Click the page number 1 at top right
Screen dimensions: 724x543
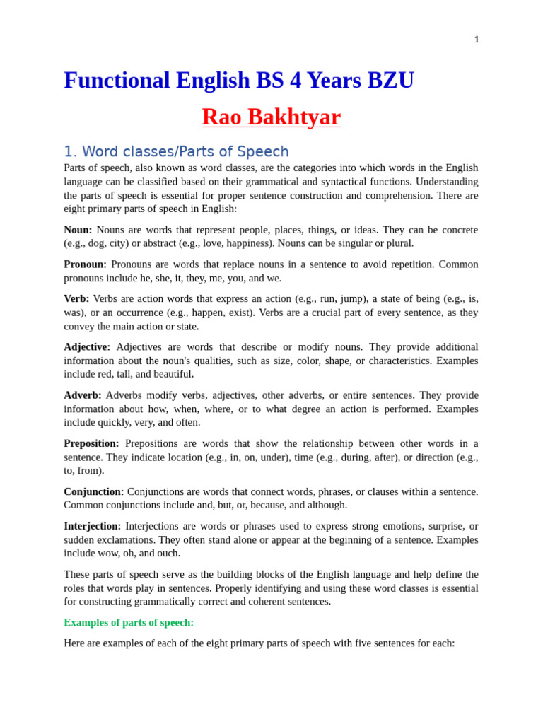point(477,40)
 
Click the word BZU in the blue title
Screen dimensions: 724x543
point(390,81)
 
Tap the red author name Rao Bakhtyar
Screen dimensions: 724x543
point(271,117)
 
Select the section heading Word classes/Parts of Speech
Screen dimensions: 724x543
point(176,151)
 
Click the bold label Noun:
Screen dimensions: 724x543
point(78,230)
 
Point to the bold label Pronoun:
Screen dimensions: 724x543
point(85,264)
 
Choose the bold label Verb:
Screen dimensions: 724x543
point(76,299)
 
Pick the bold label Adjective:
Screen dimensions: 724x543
point(87,347)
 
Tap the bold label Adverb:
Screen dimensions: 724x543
point(83,395)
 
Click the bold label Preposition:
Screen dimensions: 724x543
point(91,443)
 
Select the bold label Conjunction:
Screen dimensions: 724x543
point(93,491)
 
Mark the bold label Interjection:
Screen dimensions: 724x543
point(92,526)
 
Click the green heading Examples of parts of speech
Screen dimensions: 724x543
point(129,622)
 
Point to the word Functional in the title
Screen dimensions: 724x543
point(117,81)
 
